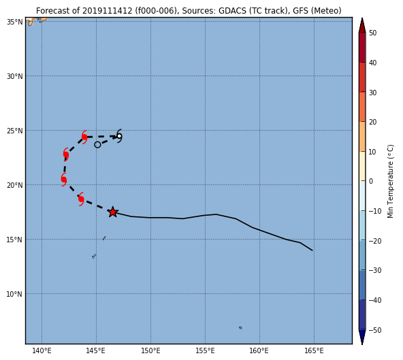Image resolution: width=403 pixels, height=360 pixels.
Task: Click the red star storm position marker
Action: pyautogui.click(x=112, y=212)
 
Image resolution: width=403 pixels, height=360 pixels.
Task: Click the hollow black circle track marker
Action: pyautogui.click(x=97, y=145)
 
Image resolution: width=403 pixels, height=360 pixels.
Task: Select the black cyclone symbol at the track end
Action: pyautogui.click(x=119, y=136)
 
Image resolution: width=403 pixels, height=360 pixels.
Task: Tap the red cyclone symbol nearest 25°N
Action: pyautogui.click(x=84, y=137)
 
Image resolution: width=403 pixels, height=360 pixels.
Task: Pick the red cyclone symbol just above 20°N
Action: pyautogui.click(x=64, y=180)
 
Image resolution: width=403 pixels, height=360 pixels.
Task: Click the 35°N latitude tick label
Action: pyautogui.click(x=15, y=22)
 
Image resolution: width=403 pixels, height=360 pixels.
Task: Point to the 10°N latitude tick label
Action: pyautogui.click(x=15, y=294)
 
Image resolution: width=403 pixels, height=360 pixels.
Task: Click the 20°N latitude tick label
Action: pyautogui.click(x=15, y=185)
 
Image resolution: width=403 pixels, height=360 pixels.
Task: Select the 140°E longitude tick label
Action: pyautogui.click(x=42, y=350)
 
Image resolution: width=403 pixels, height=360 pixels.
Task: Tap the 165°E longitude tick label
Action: pyautogui.click(x=314, y=350)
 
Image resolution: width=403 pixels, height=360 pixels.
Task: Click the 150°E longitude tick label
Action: pyautogui.click(x=150, y=350)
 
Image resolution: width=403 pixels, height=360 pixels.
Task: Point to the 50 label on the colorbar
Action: pyautogui.click(x=372, y=33)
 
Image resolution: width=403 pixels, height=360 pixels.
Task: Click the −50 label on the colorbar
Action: pyautogui.click(x=374, y=330)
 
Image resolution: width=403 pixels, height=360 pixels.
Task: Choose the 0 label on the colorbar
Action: pyautogui.click(x=371, y=182)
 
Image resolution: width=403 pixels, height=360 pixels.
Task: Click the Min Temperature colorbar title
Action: pyautogui.click(x=390, y=182)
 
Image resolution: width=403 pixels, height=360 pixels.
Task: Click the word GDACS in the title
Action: pyautogui.click(x=230, y=11)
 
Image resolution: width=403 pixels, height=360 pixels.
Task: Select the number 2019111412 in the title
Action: pyautogui.click(x=107, y=11)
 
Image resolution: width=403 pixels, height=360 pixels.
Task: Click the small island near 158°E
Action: pyautogui.click(x=240, y=327)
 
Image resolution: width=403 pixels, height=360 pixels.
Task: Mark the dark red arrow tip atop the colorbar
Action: pyautogui.click(x=362, y=18)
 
